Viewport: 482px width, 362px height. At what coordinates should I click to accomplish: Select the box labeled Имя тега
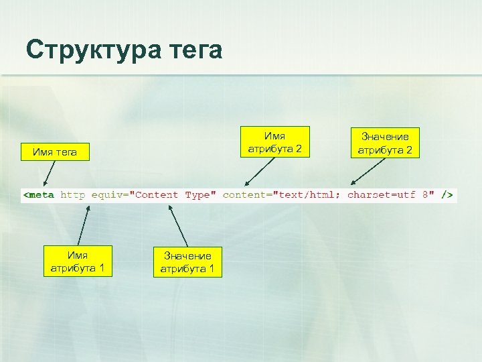point(55,152)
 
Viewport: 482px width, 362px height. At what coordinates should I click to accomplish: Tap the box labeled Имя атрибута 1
point(78,261)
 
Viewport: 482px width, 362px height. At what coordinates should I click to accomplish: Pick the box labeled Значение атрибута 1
point(187,262)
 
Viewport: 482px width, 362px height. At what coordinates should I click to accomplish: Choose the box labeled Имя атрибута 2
point(275,142)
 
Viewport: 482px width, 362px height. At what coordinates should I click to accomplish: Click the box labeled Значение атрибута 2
point(385,143)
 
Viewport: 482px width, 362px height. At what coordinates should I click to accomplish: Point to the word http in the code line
point(73,195)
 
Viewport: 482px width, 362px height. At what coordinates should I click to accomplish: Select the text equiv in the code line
point(106,195)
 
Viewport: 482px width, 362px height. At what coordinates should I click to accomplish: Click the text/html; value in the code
point(309,195)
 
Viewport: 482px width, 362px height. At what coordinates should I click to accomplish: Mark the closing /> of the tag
point(447,195)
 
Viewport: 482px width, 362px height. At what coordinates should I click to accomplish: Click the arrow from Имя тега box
point(50,172)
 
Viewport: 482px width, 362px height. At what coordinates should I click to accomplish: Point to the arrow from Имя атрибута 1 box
point(82,225)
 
